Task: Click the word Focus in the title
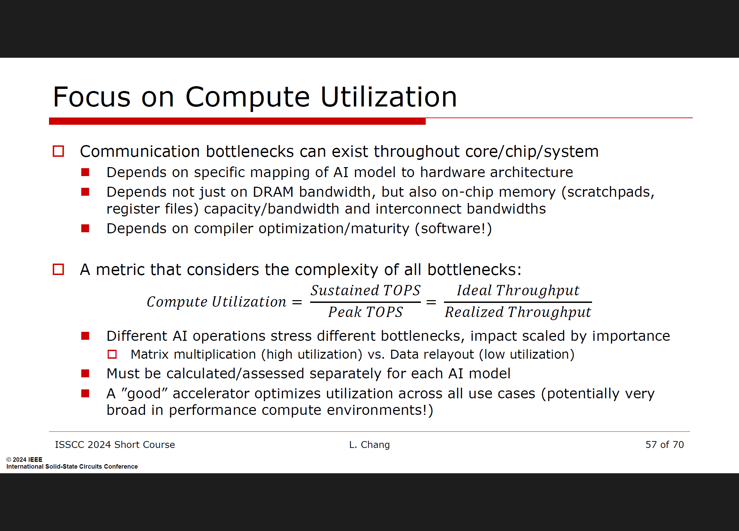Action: click(92, 97)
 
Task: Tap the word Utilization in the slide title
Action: click(389, 97)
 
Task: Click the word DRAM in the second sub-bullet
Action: click(273, 192)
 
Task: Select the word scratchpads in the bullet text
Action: click(610, 192)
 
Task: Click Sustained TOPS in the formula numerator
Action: click(365, 290)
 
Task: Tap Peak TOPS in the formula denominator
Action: click(365, 312)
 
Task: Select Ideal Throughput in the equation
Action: click(518, 290)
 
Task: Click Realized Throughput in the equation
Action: click(518, 312)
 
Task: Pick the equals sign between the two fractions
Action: click(431, 302)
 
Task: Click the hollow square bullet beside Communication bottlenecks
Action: click(58, 151)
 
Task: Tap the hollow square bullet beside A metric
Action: click(58, 269)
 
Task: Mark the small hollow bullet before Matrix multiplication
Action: click(112, 354)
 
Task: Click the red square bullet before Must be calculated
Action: click(85, 374)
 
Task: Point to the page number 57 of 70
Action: click(664, 445)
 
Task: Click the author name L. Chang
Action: click(369, 445)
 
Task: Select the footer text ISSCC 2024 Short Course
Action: click(115, 445)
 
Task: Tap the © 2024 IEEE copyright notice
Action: click(24, 460)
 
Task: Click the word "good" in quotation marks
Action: click(145, 394)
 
